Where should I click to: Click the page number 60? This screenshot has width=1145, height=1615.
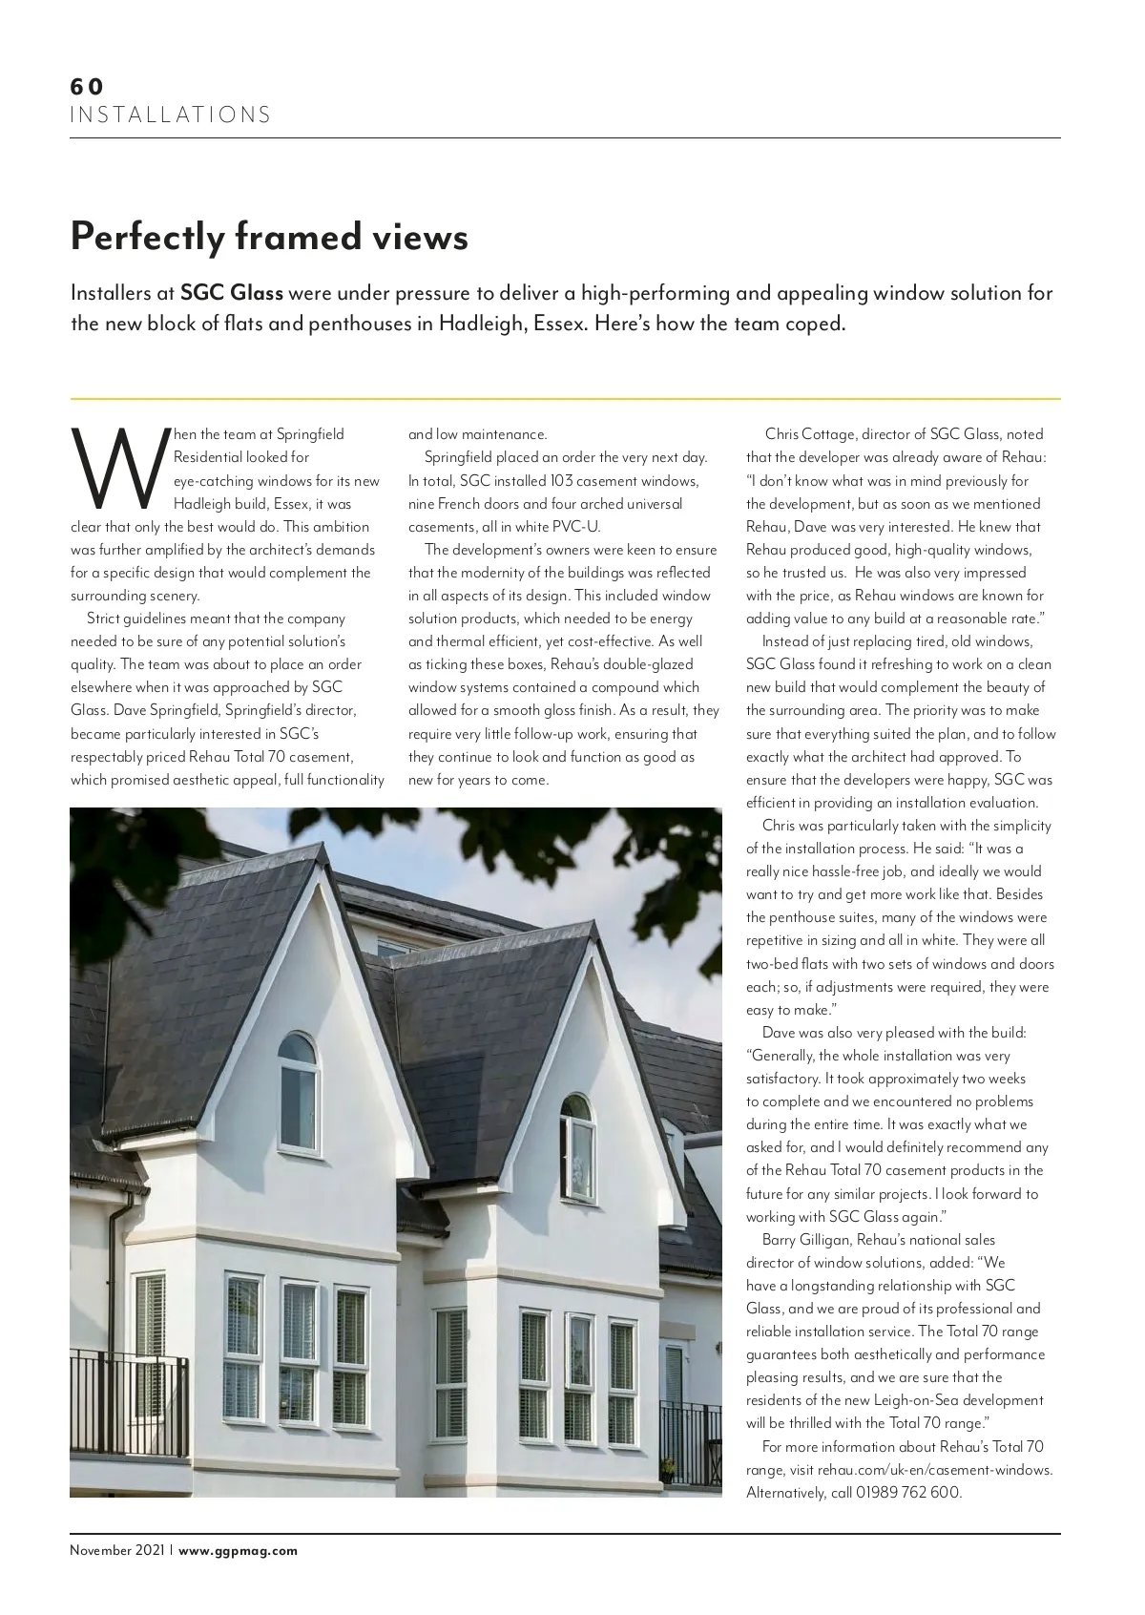click(x=86, y=86)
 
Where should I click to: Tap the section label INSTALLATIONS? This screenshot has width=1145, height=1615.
click(x=171, y=115)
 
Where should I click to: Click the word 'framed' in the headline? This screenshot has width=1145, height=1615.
click(x=288, y=236)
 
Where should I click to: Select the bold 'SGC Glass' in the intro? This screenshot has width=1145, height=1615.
click(x=231, y=292)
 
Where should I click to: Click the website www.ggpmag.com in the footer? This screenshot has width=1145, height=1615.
click(x=239, y=1550)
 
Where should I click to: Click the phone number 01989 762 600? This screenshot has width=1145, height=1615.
click(x=908, y=1492)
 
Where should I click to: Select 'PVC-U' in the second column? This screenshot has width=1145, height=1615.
click(x=583, y=527)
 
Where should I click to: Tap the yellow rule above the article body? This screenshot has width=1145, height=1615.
click(x=565, y=398)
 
